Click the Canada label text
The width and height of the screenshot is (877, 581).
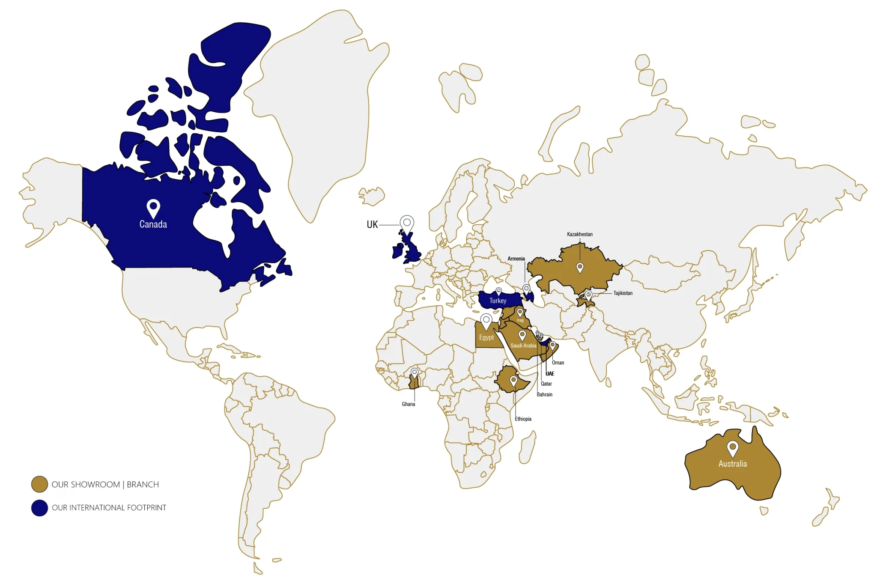(x=153, y=224)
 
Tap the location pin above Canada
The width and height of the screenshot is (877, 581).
(x=153, y=208)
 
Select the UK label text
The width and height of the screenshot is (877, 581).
(x=372, y=224)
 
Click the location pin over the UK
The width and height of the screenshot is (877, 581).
(x=407, y=223)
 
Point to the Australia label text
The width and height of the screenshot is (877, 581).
(x=732, y=464)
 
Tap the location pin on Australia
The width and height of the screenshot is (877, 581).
(x=733, y=448)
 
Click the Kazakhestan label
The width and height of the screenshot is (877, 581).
(x=579, y=234)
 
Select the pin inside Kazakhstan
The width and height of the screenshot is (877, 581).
(x=580, y=268)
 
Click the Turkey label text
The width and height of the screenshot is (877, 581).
(x=498, y=301)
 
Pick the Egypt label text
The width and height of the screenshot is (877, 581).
(x=486, y=337)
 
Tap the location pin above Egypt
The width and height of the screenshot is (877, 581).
(x=486, y=321)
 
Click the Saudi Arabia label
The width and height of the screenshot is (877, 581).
(x=523, y=346)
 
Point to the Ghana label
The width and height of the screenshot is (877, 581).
(x=408, y=404)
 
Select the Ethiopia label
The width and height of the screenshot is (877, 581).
(x=523, y=419)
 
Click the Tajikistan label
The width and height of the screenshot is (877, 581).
(x=623, y=293)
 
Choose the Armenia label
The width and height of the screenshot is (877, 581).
(x=516, y=259)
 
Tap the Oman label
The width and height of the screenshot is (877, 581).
(x=558, y=363)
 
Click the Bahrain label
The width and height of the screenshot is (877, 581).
(x=544, y=394)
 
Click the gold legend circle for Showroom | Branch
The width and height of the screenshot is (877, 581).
(x=39, y=484)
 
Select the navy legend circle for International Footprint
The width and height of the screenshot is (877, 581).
(x=39, y=508)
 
